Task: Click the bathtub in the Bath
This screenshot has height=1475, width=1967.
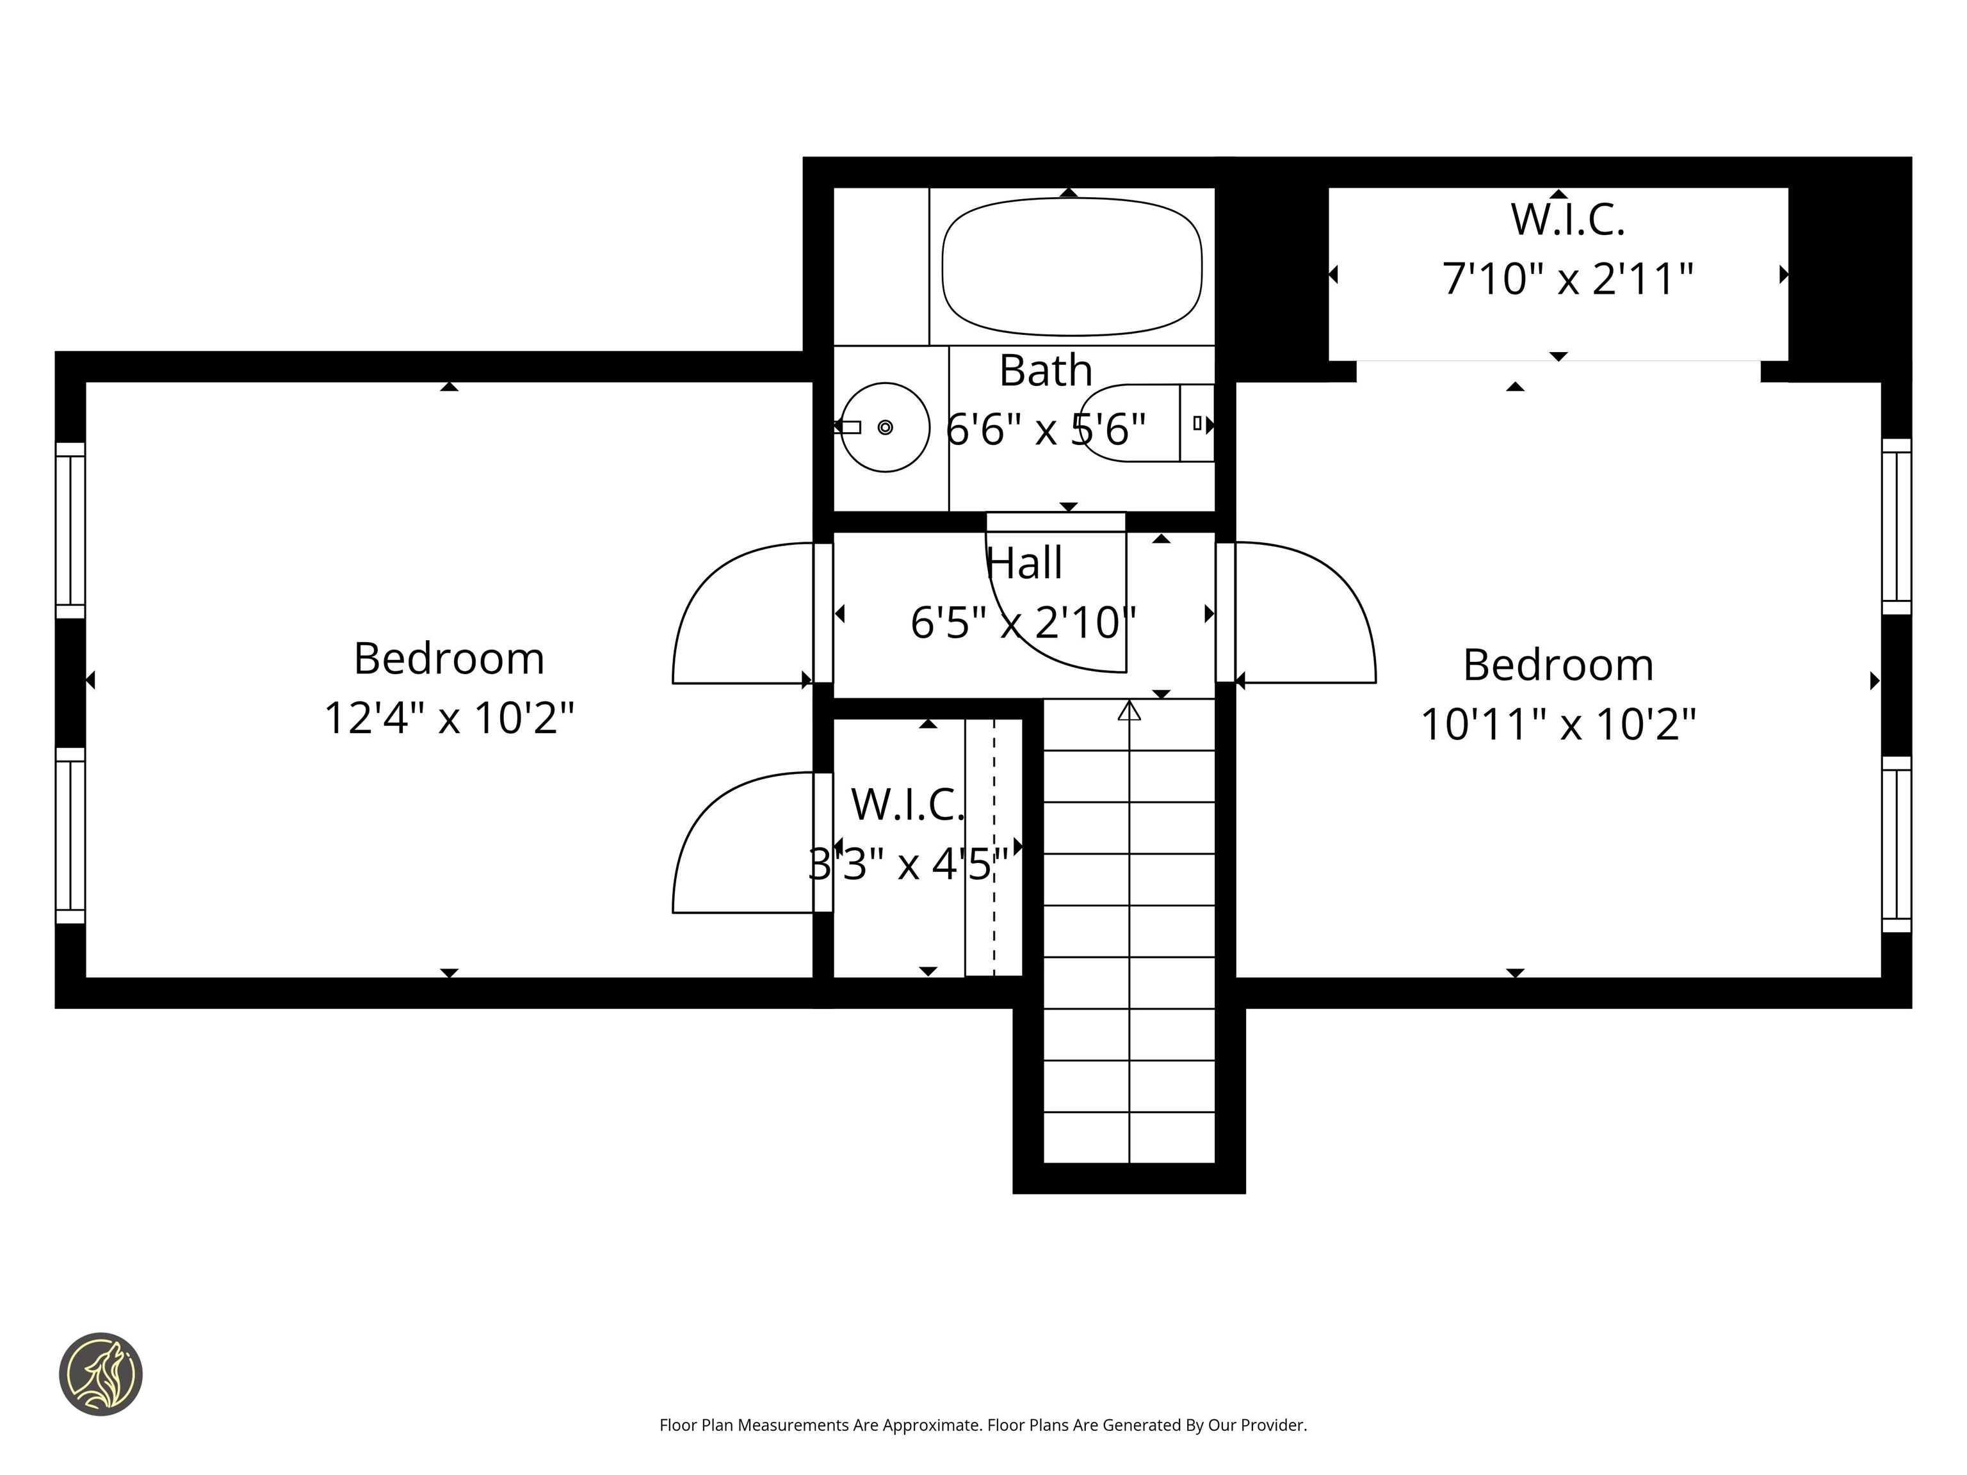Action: coord(1071,267)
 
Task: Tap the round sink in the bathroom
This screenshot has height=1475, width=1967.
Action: coord(885,428)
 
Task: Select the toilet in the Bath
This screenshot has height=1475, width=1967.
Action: coord(1147,423)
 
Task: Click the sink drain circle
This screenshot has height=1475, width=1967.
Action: coord(885,428)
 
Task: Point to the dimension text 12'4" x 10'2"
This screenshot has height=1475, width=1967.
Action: coord(449,718)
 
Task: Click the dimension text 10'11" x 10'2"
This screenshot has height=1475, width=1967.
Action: coord(1558,723)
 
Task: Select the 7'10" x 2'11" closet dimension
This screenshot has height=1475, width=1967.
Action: coord(1567,278)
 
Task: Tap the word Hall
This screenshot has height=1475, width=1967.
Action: coord(1024,563)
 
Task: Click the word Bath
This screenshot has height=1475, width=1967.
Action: coord(1045,370)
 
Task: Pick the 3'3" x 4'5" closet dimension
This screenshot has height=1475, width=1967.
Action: coord(908,864)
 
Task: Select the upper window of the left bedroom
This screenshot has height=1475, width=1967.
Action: coord(70,530)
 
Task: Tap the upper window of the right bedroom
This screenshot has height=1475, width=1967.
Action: coord(1896,526)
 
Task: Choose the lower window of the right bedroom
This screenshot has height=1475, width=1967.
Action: coord(1896,844)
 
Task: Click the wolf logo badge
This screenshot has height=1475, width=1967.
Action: coord(101,1374)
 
